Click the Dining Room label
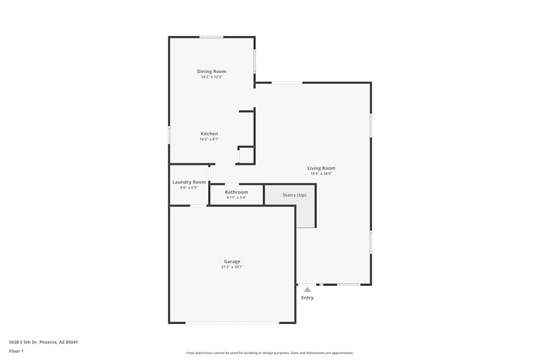(x=212, y=71)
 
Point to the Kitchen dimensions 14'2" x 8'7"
(x=210, y=139)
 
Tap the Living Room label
(x=321, y=168)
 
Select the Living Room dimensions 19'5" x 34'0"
(x=321, y=174)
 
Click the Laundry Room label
(x=189, y=182)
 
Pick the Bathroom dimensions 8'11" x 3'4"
(x=237, y=198)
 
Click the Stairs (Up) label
(x=294, y=195)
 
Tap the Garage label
(x=232, y=262)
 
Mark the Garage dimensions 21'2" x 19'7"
(x=232, y=267)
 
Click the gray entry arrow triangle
(x=307, y=289)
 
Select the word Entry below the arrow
(x=307, y=297)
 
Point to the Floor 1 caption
(x=16, y=351)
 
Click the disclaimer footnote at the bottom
(x=270, y=353)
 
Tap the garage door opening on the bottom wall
(x=232, y=323)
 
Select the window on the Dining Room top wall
(x=212, y=37)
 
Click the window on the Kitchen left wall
(x=169, y=135)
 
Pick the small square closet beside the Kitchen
(x=246, y=155)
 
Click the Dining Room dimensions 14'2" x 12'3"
(x=212, y=77)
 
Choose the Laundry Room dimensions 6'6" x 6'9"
(x=189, y=187)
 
